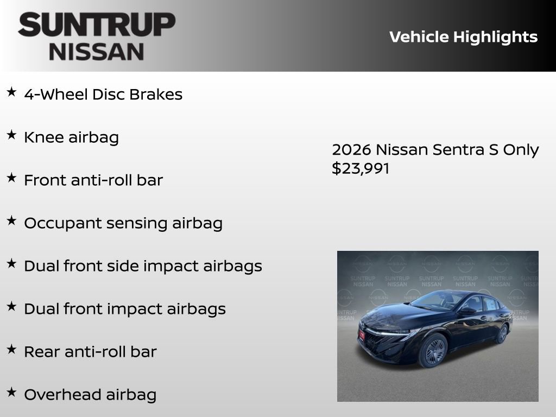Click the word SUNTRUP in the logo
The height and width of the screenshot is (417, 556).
pos(97,25)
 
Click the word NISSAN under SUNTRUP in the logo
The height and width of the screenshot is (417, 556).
pos(97,51)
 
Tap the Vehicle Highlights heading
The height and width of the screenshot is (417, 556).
pos(463,37)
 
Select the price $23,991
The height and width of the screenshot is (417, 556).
pos(361,168)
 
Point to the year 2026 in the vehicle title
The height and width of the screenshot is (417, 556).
pos(351,150)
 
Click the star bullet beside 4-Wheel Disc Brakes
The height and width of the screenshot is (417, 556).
pos(11,92)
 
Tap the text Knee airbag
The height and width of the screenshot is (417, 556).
pos(71,137)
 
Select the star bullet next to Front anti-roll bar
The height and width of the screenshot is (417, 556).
pos(11,178)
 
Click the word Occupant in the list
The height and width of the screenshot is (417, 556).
pos(58,223)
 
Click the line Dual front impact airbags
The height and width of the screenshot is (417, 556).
pos(124,309)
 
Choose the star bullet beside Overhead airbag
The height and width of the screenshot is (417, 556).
pos(11,393)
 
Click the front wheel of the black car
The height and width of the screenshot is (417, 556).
pos(433,350)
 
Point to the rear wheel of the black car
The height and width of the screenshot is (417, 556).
pos(503,333)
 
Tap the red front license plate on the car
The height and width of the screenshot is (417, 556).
pos(362,335)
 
